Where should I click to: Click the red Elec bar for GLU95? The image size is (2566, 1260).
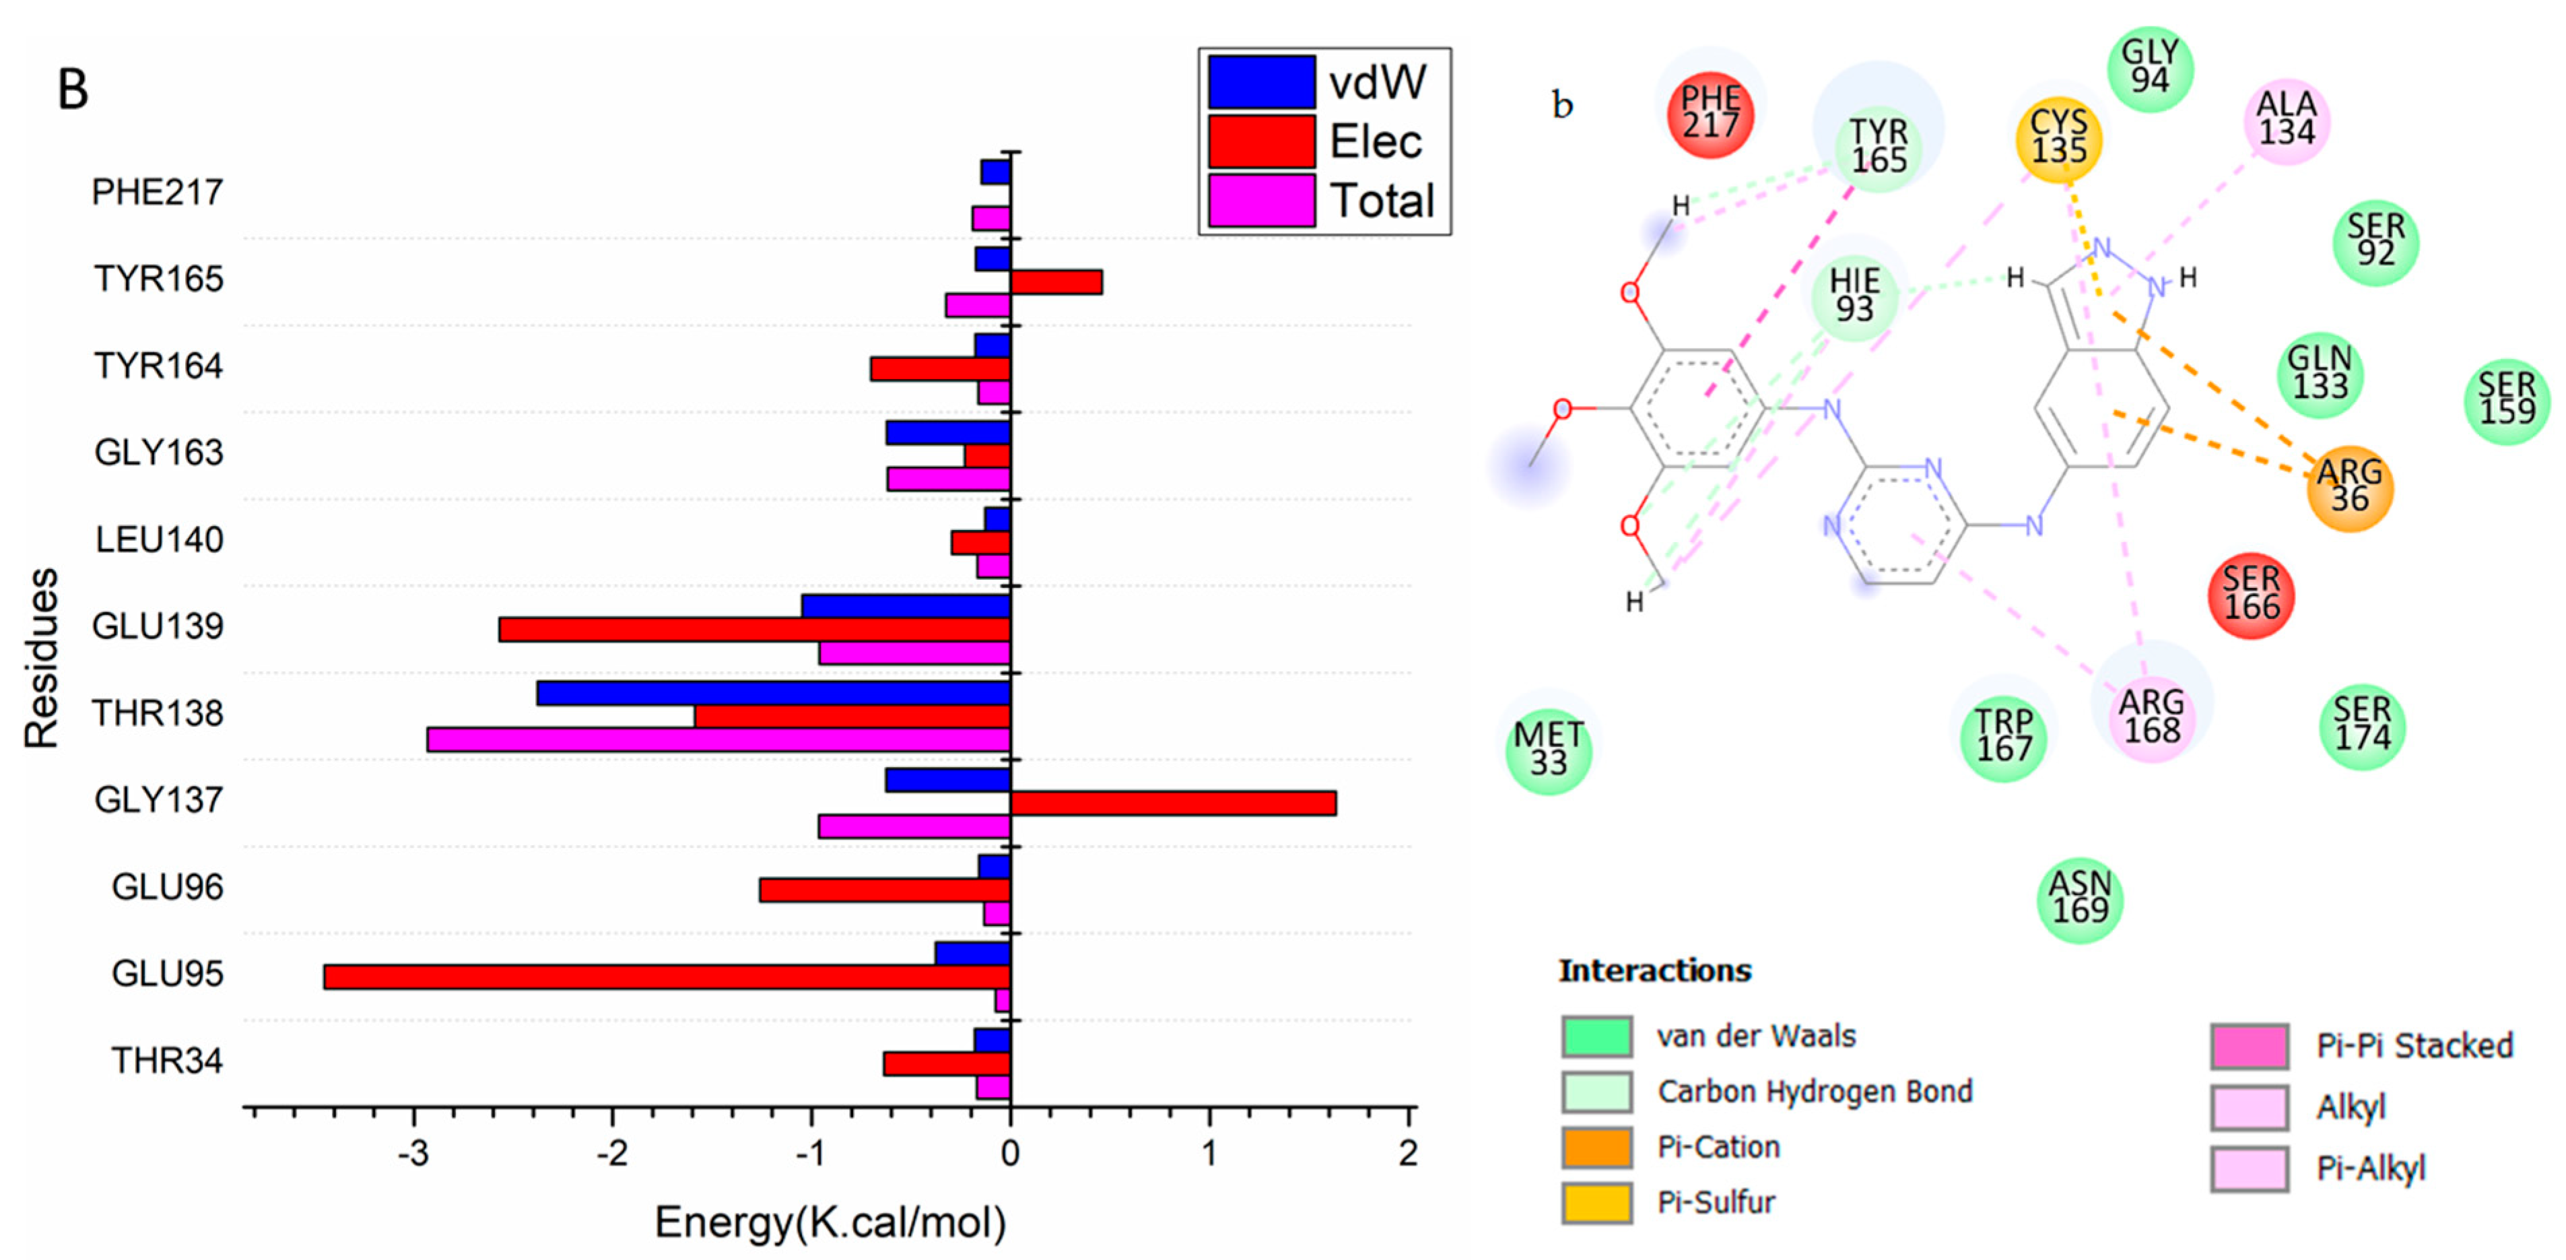pyautogui.click(x=667, y=976)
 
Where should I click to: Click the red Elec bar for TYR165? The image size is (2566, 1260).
pyautogui.click(x=1056, y=282)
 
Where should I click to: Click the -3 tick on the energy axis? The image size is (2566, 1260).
pyautogui.click(x=413, y=1154)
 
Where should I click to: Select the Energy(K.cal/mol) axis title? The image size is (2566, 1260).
pyautogui.click(x=830, y=1222)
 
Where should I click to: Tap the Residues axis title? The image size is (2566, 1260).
pyautogui.click(x=41, y=657)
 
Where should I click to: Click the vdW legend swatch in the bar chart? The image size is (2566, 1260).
pyautogui.click(x=1261, y=81)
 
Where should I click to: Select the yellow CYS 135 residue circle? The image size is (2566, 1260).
pyautogui.click(x=2058, y=137)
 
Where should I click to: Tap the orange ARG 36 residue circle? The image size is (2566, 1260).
pyautogui.click(x=2349, y=486)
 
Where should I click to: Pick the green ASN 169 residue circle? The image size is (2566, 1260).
pyautogui.click(x=2080, y=898)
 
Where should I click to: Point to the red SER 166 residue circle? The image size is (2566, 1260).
pyautogui.click(x=2252, y=595)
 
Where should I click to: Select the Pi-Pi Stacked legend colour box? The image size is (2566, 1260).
pyautogui.click(x=2248, y=1047)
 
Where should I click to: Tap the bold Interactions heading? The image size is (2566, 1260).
pyautogui.click(x=1654, y=971)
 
